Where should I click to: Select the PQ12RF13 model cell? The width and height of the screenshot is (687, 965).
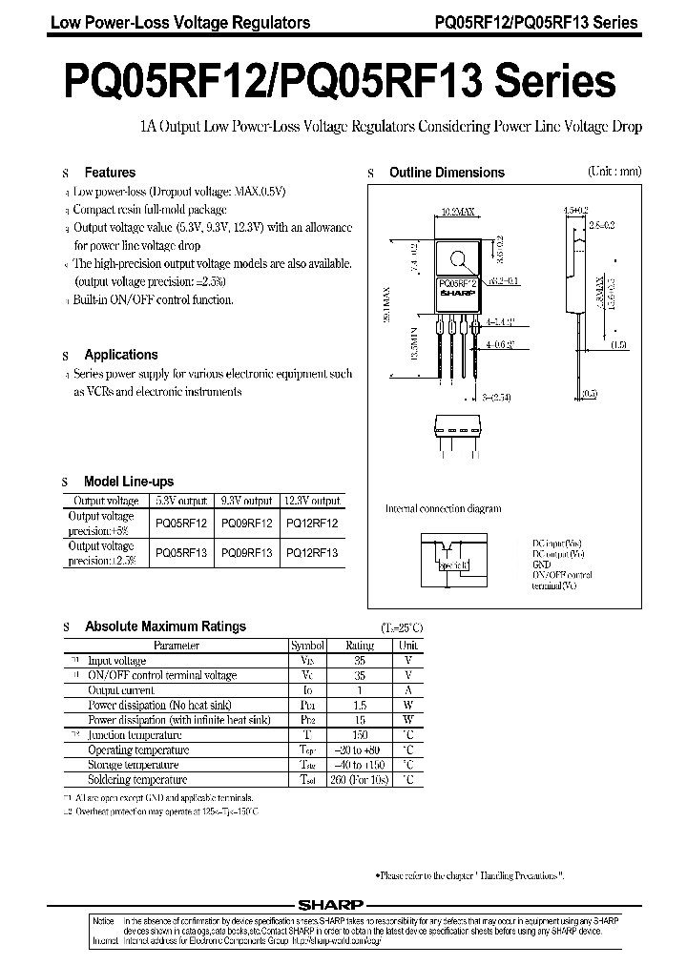click(x=311, y=552)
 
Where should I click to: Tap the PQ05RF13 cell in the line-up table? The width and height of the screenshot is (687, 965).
click(x=181, y=552)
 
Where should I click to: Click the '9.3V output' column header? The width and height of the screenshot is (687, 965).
click(x=246, y=501)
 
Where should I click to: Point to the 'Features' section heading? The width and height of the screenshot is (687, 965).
click(x=110, y=173)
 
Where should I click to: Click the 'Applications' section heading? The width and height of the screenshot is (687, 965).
click(x=121, y=355)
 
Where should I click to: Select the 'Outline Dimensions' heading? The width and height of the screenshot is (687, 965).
click(x=447, y=173)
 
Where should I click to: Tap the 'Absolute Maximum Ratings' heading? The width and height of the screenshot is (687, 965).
click(x=165, y=626)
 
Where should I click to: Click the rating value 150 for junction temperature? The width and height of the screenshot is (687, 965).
click(x=359, y=735)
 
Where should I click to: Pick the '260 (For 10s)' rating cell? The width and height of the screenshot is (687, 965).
click(x=359, y=779)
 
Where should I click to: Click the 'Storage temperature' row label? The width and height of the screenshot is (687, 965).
click(x=133, y=765)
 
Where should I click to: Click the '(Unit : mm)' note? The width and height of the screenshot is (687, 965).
click(x=614, y=172)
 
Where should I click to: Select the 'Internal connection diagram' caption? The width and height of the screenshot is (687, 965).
click(x=442, y=508)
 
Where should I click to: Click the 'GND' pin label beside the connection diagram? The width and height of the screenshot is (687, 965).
click(x=541, y=565)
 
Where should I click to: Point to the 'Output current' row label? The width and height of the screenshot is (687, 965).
click(x=121, y=689)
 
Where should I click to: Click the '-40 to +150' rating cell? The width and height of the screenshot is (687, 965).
click(x=359, y=765)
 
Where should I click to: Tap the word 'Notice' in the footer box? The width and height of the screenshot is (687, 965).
click(x=103, y=919)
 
